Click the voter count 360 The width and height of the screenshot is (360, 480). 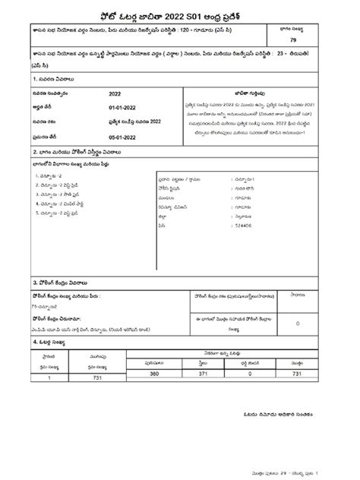(x=154, y=374)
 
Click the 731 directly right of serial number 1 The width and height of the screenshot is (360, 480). (x=97, y=377)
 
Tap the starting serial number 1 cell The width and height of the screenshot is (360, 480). (x=49, y=377)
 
